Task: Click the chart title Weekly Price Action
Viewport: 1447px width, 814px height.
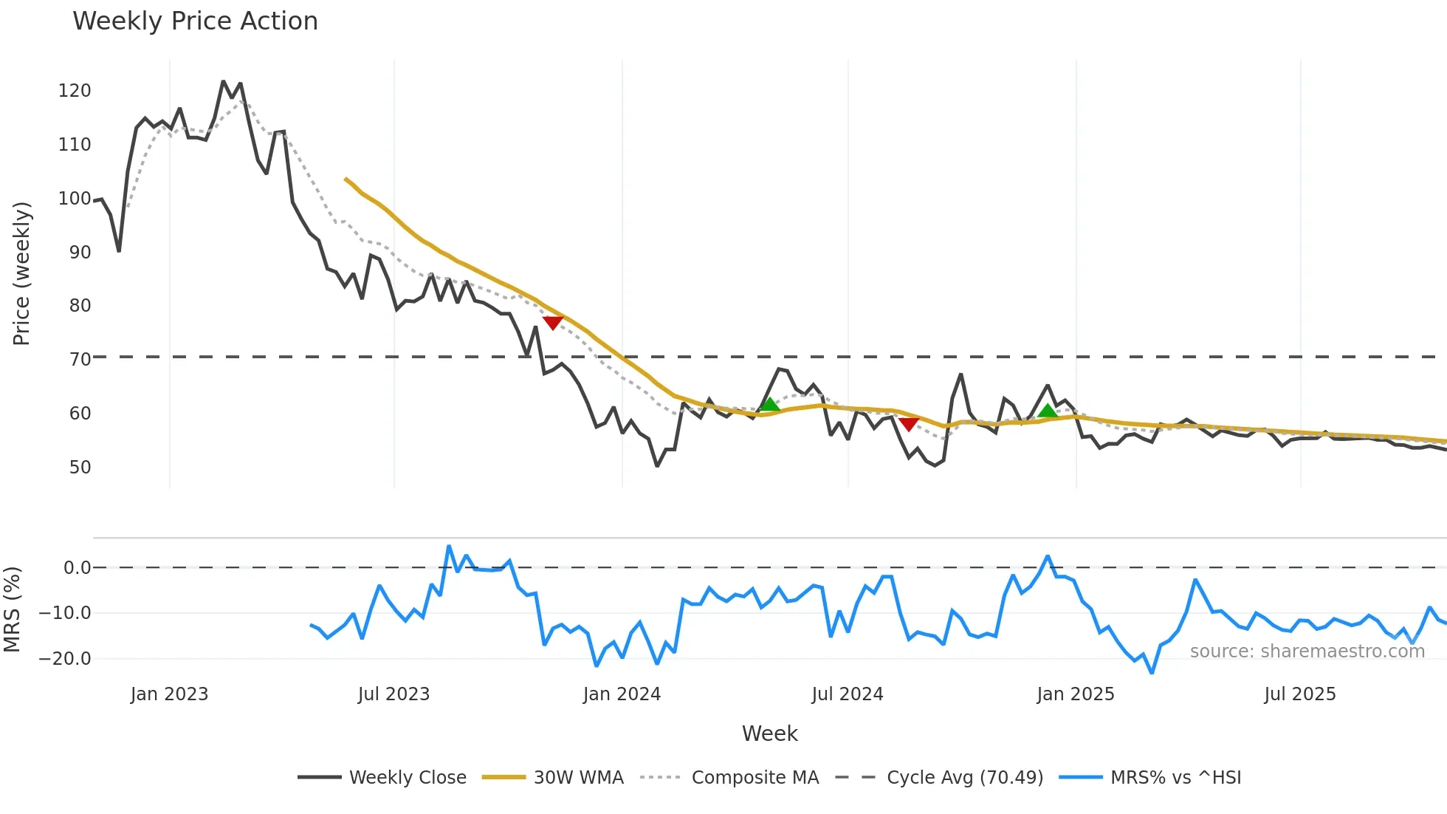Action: [195, 21]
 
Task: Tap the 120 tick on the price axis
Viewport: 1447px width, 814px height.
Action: [75, 91]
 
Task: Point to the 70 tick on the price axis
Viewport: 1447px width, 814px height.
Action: [80, 360]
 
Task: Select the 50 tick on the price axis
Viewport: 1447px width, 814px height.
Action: [80, 468]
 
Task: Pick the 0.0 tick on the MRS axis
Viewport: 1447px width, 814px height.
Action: [77, 568]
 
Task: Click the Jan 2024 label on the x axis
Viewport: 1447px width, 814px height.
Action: [622, 694]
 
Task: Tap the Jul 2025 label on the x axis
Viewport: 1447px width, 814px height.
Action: [1300, 694]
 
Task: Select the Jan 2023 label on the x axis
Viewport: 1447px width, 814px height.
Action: [169, 694]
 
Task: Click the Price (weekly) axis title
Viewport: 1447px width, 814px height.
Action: [21, 273]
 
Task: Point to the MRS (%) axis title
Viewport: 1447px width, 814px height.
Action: [12, 609]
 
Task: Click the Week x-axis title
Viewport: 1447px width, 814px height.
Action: [769, 733]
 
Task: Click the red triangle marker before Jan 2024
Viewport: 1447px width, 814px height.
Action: [553, 322]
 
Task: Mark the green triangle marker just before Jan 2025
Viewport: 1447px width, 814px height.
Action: [1047, 411]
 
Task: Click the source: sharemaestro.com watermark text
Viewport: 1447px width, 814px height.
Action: [1307, 651]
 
